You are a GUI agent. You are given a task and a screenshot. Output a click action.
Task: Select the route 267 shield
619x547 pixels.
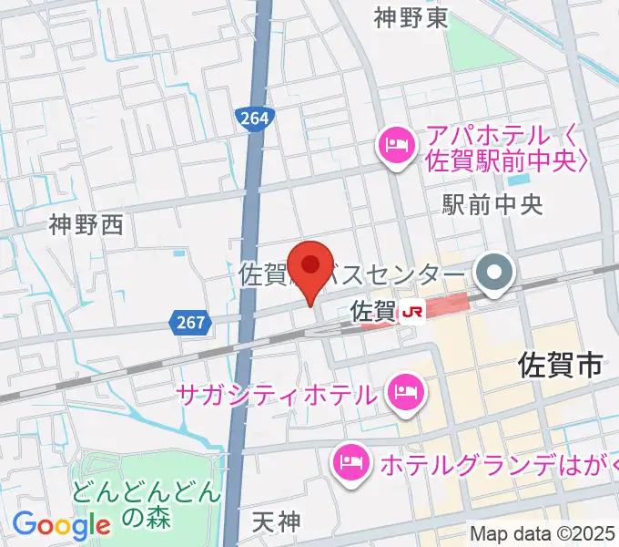(x=189, y=321)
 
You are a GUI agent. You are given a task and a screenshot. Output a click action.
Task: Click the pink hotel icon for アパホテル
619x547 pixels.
(x=397, y=143)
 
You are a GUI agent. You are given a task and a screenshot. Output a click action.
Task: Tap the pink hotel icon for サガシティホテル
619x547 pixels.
(x=401, y=395)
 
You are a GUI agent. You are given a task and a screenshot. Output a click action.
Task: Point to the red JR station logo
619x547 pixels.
(x=411, y=312)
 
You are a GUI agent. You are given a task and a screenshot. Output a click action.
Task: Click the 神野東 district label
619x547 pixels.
(x=411, y=17)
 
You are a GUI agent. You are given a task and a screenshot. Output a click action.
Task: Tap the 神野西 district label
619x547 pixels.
(x=86, y=224)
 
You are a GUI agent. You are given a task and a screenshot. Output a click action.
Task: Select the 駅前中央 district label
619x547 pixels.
(x=492, y=203)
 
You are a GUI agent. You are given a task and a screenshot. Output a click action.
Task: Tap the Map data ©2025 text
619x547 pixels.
(x=543, y=534)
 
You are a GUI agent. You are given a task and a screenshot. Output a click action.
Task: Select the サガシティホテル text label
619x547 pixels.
(x=277, y=395)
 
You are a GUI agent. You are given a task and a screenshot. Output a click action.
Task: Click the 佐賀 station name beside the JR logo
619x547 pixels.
(x=371, y=312)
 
